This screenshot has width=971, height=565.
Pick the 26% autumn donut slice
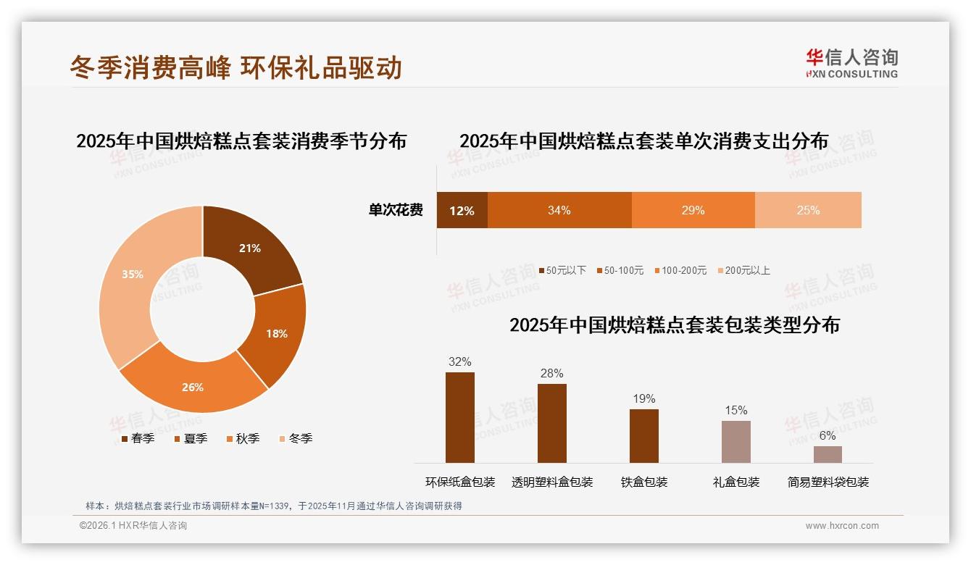(193, 387)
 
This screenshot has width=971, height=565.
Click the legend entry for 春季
(138, 438)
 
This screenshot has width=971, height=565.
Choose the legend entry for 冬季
(296, 438)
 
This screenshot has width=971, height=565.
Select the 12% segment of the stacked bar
(462, 211)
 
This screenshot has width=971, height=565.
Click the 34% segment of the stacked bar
(559, 211)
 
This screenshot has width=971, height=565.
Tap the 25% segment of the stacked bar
(808, 211)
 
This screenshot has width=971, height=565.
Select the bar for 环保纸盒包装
(460, 417)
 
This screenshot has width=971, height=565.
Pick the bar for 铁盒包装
(644, 435)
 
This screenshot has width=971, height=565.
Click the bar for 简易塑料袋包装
(828, 454)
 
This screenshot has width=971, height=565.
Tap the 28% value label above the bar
(551, 374)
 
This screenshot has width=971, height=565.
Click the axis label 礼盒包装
(736, 482)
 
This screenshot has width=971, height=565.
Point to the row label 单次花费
(396, 211)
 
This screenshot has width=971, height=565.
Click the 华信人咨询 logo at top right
(851, 63)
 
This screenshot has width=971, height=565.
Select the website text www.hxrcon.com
(842, 526)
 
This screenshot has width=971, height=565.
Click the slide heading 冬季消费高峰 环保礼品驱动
(236, 67)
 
